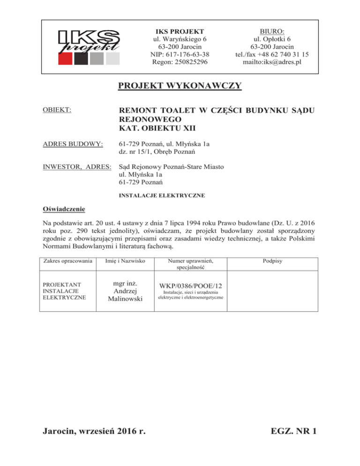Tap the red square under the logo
[x=65, y=58]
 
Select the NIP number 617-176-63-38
[x=177, y=54]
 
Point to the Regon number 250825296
[x=177, y=62]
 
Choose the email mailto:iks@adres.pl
[x=272, y=62]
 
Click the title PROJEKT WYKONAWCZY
[x=180, y=86]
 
